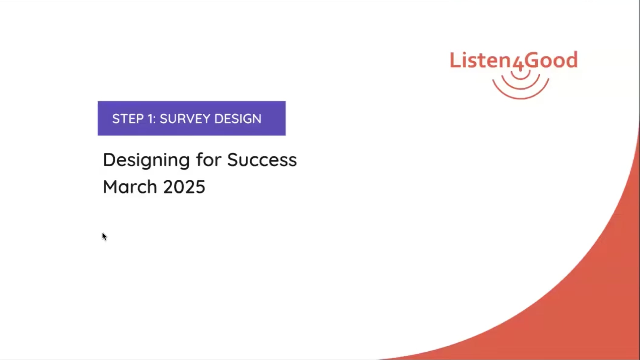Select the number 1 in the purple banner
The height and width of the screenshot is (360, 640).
tap(150, 119)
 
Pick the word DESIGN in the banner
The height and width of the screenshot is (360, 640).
tap(238, 119)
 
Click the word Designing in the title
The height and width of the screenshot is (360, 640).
tap(147, 160)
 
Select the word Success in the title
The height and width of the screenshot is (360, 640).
tap(262, 160)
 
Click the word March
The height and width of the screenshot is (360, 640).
tap(130, 186)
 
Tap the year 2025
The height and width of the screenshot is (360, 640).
tap(184, 187)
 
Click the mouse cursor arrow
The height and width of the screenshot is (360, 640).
tap(104, 236)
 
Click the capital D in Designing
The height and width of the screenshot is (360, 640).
tap(109, 160)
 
